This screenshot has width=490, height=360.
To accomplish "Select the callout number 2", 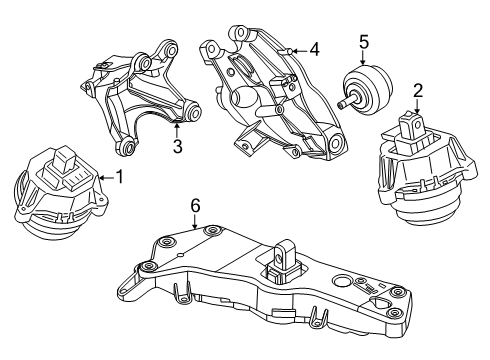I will click(x=418, y=91).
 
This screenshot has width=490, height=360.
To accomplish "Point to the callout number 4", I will click(x=314, y=48).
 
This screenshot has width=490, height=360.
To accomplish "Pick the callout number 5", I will click(x=365, y=43).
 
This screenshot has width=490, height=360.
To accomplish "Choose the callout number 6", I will click(x=195, y=205).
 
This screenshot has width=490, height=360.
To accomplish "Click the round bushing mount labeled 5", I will click(x=368, y=89).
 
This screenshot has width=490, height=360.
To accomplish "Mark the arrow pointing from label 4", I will click(x=294, y=49).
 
